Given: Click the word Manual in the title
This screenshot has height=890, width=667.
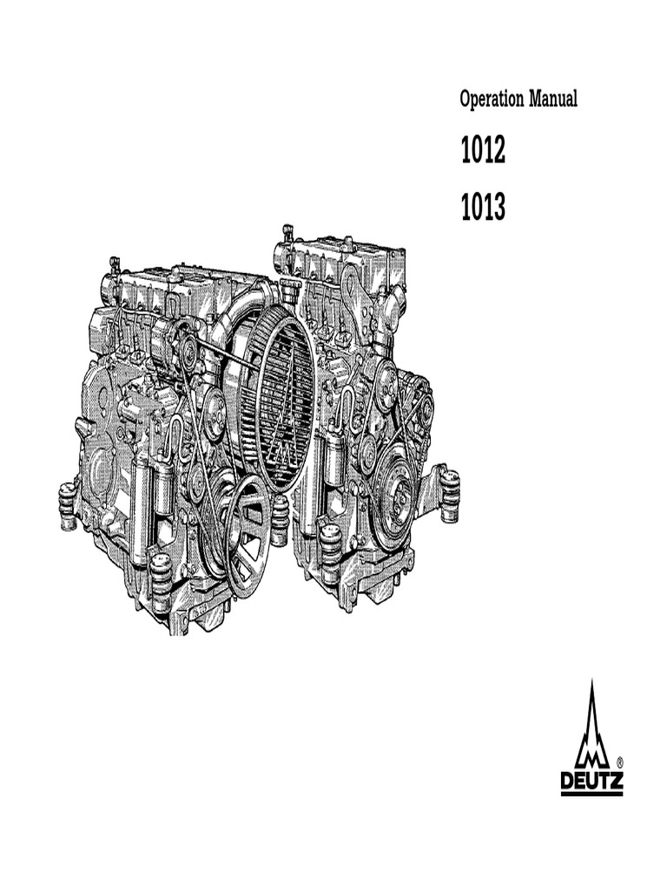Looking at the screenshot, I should pos(553,100).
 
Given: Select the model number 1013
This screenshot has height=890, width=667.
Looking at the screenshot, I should pos(483,208).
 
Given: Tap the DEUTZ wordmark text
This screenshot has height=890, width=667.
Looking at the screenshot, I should pos(591,780).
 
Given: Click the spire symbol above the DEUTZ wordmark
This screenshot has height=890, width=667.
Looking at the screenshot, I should pos(591,726).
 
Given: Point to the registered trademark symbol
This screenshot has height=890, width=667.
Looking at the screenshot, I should pos(619,760).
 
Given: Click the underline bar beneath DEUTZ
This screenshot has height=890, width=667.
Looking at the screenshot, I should pos(591,793).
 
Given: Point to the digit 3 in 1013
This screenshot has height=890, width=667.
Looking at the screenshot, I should pos(498,208).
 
